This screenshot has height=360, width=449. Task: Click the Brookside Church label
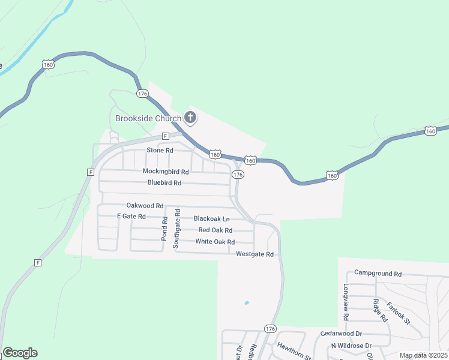[x=148, y=118]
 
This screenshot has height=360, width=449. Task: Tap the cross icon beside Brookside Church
[x=190, y=118]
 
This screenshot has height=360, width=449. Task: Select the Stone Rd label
[x=160, y=150]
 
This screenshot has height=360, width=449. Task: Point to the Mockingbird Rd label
[x=166, y=171]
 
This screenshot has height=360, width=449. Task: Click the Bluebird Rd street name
[x=164, y=182]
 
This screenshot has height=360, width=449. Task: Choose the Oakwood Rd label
[x=145, y=205]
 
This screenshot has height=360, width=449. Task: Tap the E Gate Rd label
[x=131, y=216]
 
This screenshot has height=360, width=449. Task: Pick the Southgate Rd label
[x=176, y=229]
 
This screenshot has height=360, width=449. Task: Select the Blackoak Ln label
[x=211, y=219]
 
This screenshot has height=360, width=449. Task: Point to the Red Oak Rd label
[x=215, y=230]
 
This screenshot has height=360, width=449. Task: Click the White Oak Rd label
[x=215, y=242]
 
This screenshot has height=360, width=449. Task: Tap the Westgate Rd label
[x=255, y=254]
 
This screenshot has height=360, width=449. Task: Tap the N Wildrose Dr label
[x=352, y=346]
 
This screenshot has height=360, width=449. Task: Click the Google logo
[x=20, y=352]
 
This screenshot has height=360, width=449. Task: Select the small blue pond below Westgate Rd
[x=247, y=303]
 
